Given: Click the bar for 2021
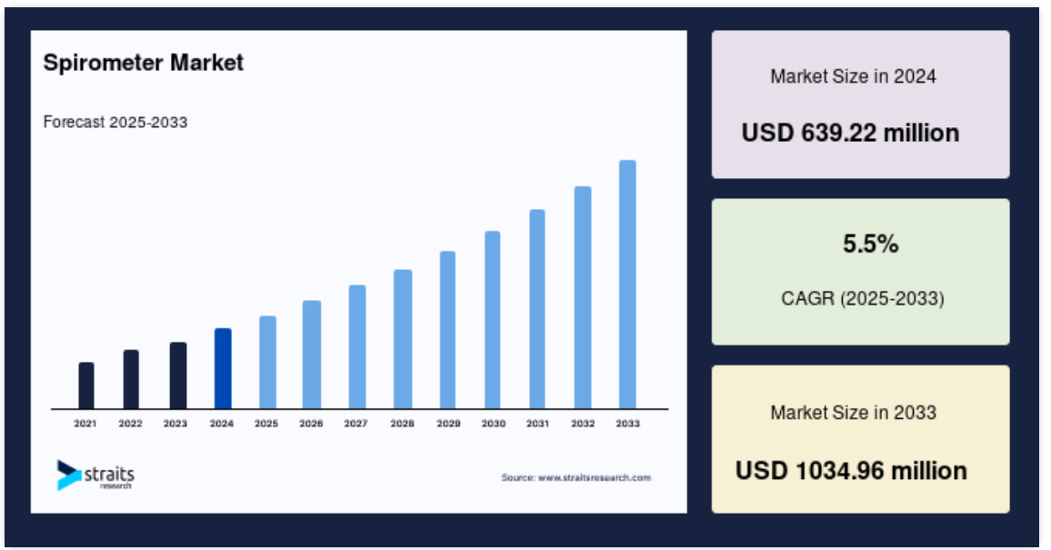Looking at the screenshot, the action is (x=86, y=385).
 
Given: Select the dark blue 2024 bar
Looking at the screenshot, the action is (x=224, y=368).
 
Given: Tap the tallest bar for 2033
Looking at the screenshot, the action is (x=627, y=284).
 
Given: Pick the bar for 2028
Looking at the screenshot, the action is (x=403, y=339).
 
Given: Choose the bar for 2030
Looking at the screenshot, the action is (x=493, y=320).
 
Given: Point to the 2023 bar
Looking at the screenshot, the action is (x=178, y=375).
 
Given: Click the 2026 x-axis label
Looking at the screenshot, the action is (x=311, y=424).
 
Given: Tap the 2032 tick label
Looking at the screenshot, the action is (x=583, y=424).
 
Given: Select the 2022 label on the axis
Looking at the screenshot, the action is (x=130, y=424).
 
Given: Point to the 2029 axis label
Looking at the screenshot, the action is (x=448, y=424).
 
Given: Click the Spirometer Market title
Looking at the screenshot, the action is (x=144, y=63).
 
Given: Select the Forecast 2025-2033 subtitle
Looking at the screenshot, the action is (x=115, y=122).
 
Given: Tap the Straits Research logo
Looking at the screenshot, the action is (x=95, y=475).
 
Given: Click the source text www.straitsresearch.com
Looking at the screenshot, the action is (x=576, y=477).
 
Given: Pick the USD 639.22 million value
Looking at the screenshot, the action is (x=850, y=133).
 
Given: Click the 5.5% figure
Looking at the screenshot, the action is (x=871, y=244).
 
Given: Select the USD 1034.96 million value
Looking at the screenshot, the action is (x=851, y=471).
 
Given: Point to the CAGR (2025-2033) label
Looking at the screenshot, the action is (x=863, y=298).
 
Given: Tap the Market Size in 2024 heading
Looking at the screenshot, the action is (x=854, y=76).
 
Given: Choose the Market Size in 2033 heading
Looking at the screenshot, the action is (x=854, y=413).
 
